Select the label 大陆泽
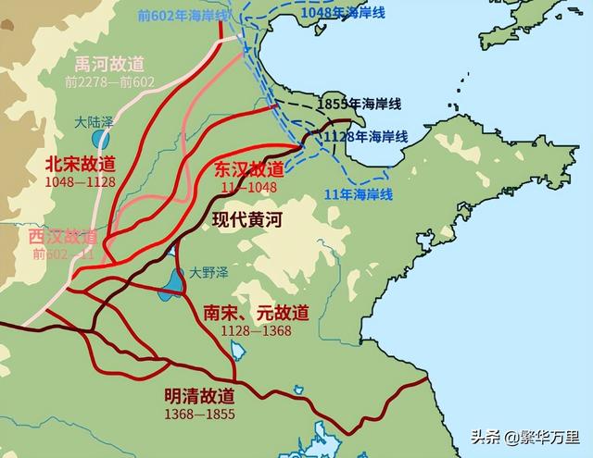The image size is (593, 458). pyautogui.click(x=95, y=121)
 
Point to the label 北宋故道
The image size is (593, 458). pyautogui.click(x=81, y=164)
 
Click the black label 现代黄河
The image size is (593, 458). pyautogui.click(x=246, y=220)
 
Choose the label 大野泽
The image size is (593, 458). pyautogui.click(x=208, y=272)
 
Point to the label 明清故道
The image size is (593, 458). pyautogui.click(x=199, y=396)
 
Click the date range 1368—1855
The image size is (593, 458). pyautogui.click(x=198, y=414)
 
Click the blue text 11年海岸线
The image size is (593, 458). pyautogui.click(x=359, y=193)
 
